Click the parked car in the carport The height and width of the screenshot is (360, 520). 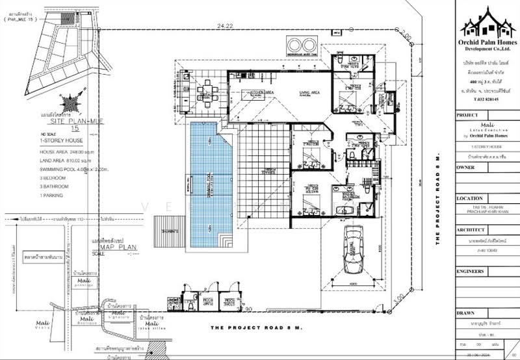click(x=354, y=250)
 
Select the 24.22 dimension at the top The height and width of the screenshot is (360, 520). click(x=225, y=25)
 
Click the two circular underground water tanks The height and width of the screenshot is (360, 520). click(x=302, y=45)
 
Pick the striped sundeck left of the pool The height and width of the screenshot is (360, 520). click(x=165, y=227)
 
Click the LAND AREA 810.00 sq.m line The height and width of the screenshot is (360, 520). click(x=65, y=159)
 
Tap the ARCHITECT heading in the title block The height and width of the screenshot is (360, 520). click(x=471, y=230)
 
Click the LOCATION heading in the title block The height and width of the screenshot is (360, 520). click(x=469, y=199)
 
